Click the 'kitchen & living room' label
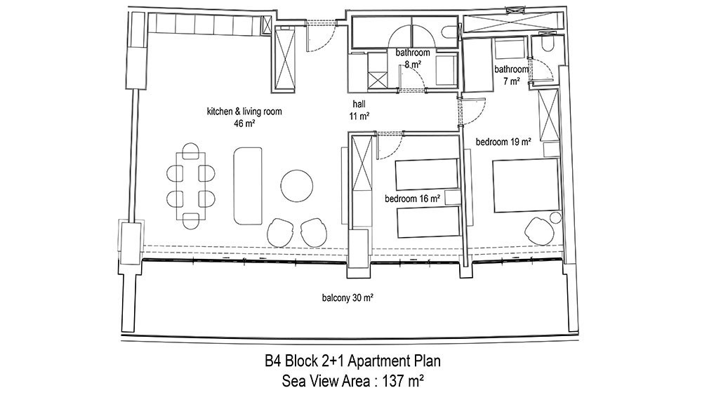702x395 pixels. pyautogui.click(x=244, y=112)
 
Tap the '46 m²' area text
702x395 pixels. pyautogui.click(x=244, y=123)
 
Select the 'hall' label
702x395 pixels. pyautogui.click(x=359, y=105)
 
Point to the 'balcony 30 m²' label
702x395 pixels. pyautogui.click(x=348, y=297)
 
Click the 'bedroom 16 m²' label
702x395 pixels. pyautogui.click(x=412, y=199)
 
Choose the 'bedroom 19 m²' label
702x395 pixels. pyautogui.click(x=503, y=142)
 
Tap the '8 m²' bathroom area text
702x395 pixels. pyautogui.click(x=413, y=65)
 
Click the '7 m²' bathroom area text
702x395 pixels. pyautogui.click(x=511, y=81)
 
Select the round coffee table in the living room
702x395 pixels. pyautogui.click(x=297, y=186)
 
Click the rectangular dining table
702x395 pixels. pyautogui.click(x=191, y=186)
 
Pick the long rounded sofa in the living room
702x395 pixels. pyautogui.click(x=248, y=186)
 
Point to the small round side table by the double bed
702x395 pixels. pyautogui.click(x=555, y=218)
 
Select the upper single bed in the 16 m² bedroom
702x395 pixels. pyautogui.click(x=427, y=174)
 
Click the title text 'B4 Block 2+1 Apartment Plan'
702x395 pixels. pyautogui.click(x=352, y=361)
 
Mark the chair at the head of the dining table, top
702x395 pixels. pyautogui.click(x=191, y=151)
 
